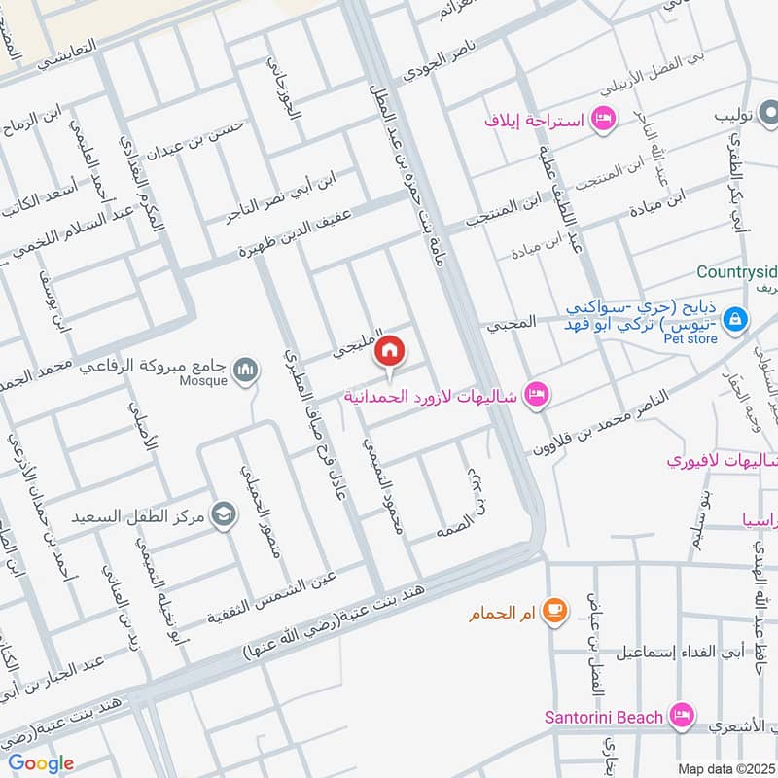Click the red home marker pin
[390, 350]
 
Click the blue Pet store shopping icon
[735, 318]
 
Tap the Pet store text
[691, 338]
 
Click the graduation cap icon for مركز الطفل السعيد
[225, 513]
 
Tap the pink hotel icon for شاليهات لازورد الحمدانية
[534, 395]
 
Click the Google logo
[41, 762]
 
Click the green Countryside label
[736, 271]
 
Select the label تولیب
[735, 115]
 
